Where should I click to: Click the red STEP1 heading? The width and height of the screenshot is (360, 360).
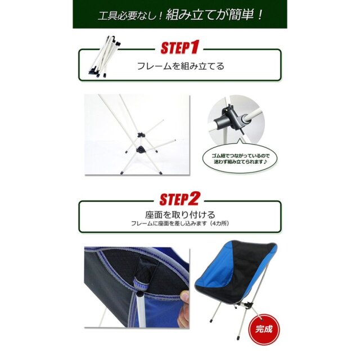pyautogui.click(x=179, y=47)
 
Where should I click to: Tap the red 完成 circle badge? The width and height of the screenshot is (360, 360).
pyautogui.click(x=264, y=329)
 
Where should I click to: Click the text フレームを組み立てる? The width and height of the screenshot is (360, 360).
pyautogui.click(x=181, y=66)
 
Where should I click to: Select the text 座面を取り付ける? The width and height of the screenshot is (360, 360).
pyautogui.click(x=180, y=215)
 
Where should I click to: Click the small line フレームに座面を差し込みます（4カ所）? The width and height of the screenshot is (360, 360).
pyautogui.click(x=180, y=223)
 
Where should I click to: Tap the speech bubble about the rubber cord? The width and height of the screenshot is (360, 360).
pyautogui.click(x=240, y=159)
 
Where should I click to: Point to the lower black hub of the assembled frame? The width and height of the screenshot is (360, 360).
pyautogui.click(x=140, y=150)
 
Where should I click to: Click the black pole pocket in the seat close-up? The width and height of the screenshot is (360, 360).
pyautogui.click(x=144, y=271)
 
